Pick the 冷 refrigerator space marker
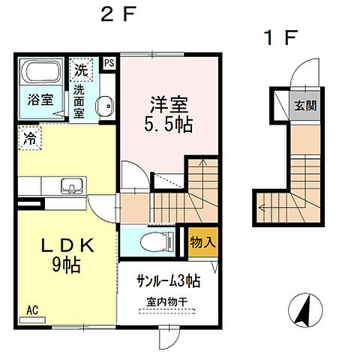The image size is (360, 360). pyautogui.click(x=28, y=138)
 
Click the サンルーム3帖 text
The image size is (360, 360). pyautogui.click(x=167, y=282)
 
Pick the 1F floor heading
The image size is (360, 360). pyautogui.click(x=280, y=35)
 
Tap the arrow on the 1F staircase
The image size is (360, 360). pyautogui.click(x=262, y=202)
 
